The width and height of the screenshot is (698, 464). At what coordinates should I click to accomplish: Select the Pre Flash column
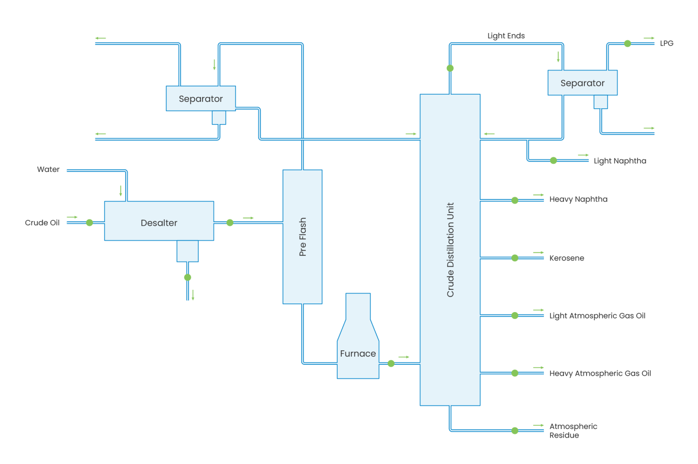(x=302, y=237)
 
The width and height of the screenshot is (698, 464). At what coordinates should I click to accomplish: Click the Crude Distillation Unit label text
(x=450, y=250)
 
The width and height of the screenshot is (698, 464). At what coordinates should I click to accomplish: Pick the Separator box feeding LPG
(x=582, y=83)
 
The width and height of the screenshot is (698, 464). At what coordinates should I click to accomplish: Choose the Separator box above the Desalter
(x=200, y=98)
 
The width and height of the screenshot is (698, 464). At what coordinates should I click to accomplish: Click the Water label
(x=48, y=169)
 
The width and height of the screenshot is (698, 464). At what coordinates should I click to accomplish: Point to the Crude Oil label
(x=42, y=222)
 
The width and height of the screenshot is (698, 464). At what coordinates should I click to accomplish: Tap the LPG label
(x=667, y=43)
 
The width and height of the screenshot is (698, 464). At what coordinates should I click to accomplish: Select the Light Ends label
(x=506, y=35)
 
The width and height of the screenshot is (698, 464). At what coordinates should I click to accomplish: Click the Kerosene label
(x=566, y=258)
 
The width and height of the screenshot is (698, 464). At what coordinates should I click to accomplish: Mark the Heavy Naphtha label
(x=578, y=199)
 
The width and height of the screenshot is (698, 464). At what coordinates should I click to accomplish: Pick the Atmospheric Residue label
(x=573, y=431)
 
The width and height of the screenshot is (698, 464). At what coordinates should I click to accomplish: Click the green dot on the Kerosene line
(x=515, y=258)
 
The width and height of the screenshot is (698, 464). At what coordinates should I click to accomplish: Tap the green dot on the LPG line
(x=628, y=44)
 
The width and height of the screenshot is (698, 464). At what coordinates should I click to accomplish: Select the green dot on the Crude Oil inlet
(x=90, y=222)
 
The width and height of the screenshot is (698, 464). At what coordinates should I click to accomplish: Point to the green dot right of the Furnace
(x=391, y=363)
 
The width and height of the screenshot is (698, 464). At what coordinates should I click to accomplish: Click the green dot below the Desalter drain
(x=188, y=277)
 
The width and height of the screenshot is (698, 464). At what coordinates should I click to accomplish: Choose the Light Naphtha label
(x=619, y=161)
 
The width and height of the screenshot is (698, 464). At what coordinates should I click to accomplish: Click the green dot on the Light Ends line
(x=450, y=68)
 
